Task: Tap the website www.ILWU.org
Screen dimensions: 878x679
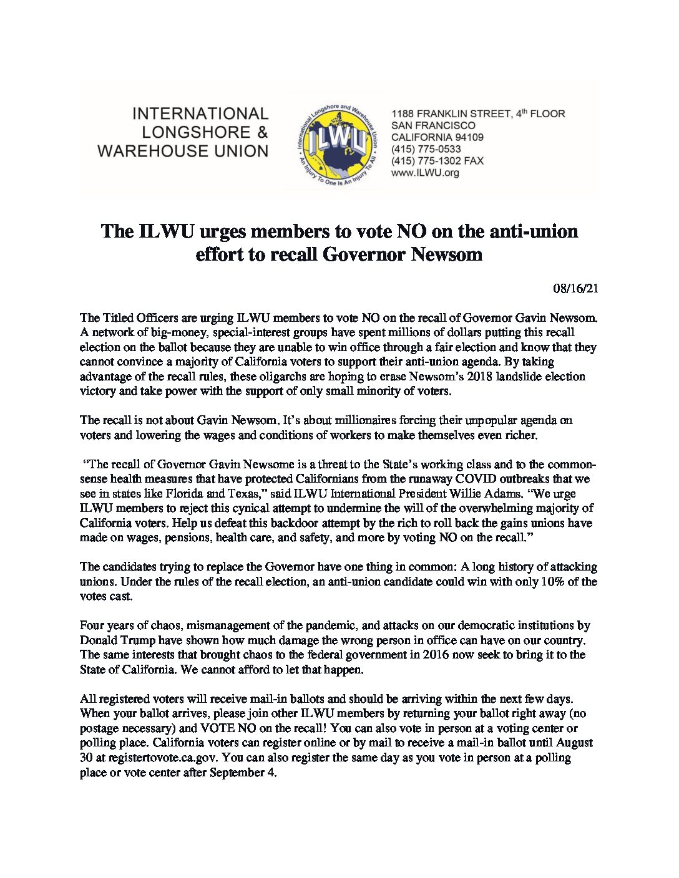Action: click(425, 173)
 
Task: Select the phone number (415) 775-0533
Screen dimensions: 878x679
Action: click(426, 149)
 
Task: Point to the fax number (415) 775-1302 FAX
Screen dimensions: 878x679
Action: click(437, 161)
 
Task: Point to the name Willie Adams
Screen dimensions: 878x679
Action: click(481, 494)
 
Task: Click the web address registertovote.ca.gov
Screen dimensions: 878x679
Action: click(163, 758)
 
